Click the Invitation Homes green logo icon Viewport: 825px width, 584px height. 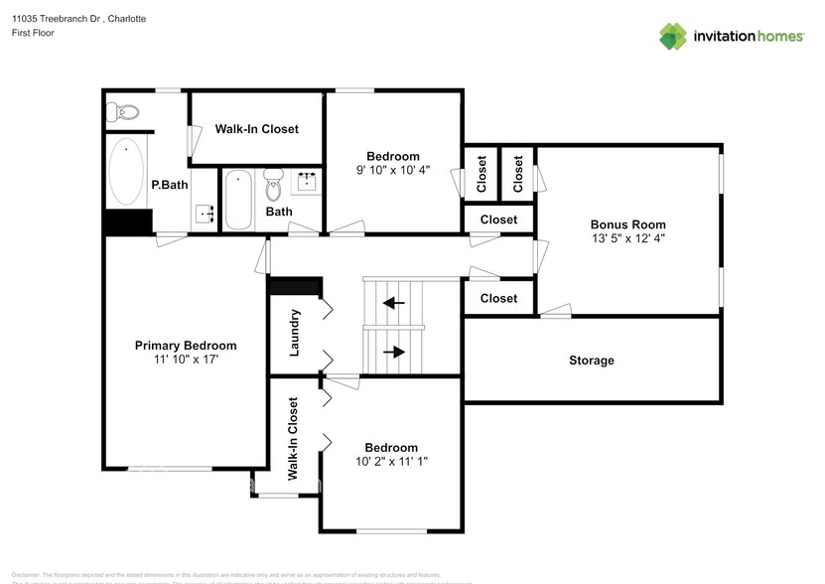(673, 36)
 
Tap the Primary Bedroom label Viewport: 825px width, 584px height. (186, 346)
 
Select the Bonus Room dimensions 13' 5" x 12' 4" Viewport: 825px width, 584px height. (628, 238)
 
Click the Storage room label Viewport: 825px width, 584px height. (591, 361)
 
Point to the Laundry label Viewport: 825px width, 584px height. (295, 333)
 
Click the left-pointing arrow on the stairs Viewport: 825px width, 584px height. (394, 303)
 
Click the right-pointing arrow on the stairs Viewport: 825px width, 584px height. (394, 351)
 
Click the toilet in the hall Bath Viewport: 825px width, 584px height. (274, 184)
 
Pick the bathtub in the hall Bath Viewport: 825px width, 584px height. (237, 200)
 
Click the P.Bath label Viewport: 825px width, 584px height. (170, 185)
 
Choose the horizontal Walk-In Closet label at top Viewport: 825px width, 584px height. (256, 129)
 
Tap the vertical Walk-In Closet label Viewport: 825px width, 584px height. (294, 439)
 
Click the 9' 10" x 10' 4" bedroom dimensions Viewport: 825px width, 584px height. (393, 170)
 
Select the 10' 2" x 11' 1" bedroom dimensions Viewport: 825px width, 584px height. (391, 462)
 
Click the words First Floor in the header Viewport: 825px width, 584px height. (34, 33)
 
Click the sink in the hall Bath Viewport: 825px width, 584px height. (308, 182)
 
